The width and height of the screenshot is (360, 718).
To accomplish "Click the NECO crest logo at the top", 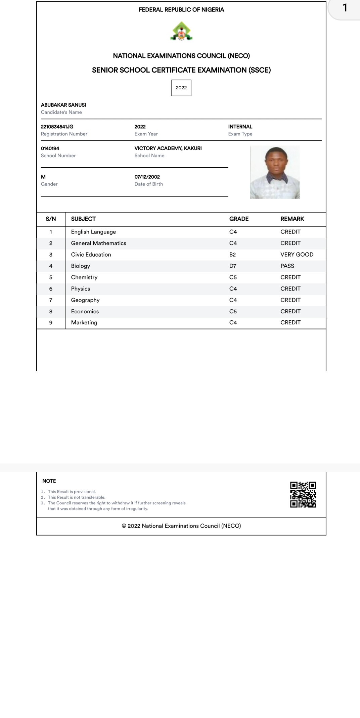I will pyautogui.click(x=181, y=31).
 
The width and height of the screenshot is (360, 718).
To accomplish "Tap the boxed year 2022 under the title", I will pyautogui.click(x=181, y=88).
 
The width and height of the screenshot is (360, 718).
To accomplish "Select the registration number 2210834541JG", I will pyautogui.click(x=57, y=127).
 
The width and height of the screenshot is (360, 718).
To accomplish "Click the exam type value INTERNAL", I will pyautogui.click(x=240, y=127).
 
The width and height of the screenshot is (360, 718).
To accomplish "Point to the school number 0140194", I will pyautogui.click(x=50, y=148).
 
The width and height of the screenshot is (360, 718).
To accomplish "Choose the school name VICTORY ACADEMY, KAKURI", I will pyautogui.click(x=168, y=148).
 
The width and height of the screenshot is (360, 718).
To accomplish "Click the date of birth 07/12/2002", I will pyautogui.click(x=147, y=177).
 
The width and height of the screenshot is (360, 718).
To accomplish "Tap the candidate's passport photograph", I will pyautogui.click(x=275, y=172).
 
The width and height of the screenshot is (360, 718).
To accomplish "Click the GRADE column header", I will pyautogui.click(x=239, y=219).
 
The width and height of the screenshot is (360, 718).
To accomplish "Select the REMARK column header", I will pyautogui.click(x=292, y=219).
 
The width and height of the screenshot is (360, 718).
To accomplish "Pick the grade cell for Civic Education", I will pyautogui.click(x=232, y=255).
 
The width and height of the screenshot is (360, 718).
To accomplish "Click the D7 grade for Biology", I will pyautogui.click(x=233, y=266).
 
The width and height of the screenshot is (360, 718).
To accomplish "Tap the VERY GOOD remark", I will pyautogui.click(x=297, y=255).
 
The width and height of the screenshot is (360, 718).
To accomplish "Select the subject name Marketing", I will pyautogui.click(x=84, y=322).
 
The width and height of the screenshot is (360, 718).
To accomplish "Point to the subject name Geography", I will pyautogui.click(x=85, y=300).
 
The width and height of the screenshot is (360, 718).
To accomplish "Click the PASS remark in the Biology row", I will pyautogui.click(x=287, y=266).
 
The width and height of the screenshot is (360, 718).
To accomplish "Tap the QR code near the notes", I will pyautogui.click(x=303, y=494).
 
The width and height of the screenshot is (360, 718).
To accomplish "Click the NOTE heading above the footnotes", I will pyautogui.click(x=49, y=481).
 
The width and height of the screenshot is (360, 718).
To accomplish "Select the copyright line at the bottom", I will pyautogui.click(x=181, y=526).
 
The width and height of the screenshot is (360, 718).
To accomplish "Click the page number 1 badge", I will pyautogui.click(x=345, y=8).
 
